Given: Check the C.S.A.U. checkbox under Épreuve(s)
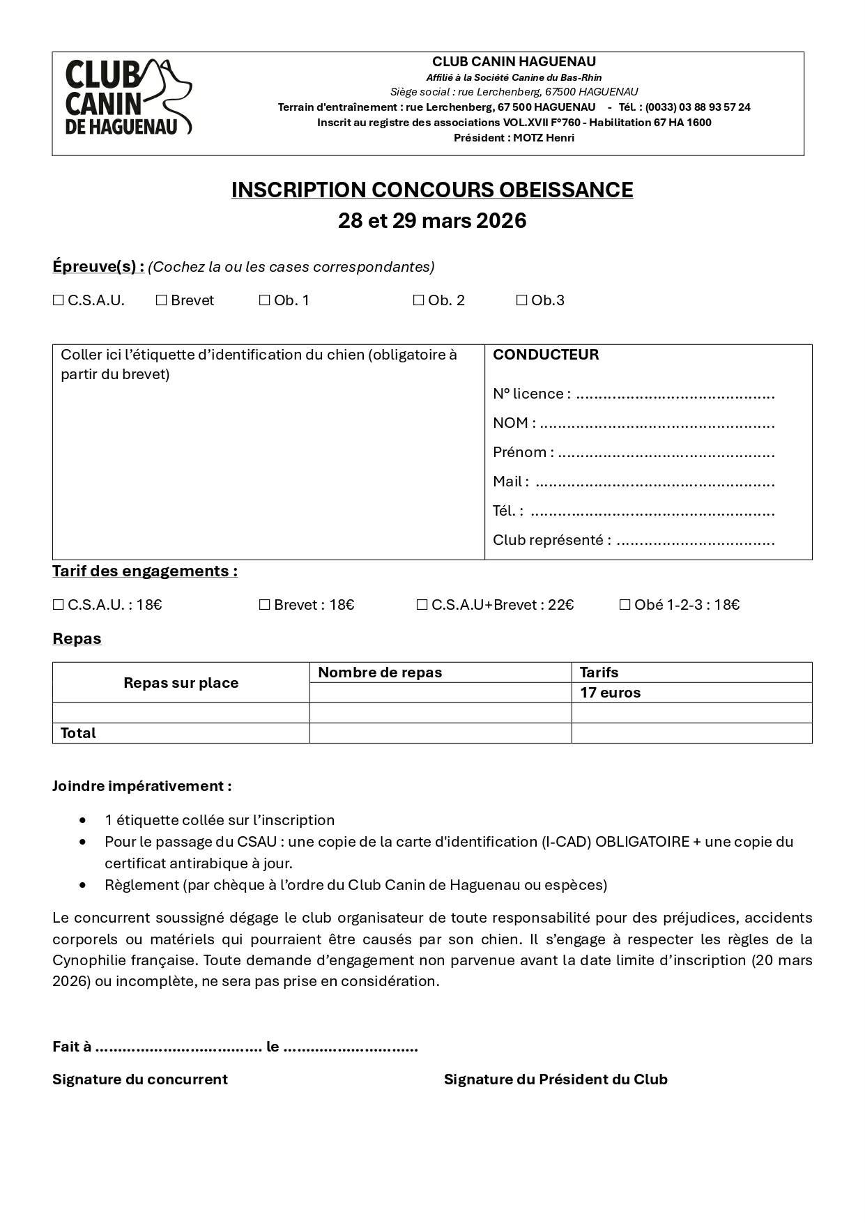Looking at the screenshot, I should click(59, 300).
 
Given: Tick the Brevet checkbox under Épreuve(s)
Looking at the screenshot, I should click(162, 300).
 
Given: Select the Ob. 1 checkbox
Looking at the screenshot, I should click(264, 300).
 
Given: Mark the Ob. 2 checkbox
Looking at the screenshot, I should click(418, 300).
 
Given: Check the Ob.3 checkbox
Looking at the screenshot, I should click(521, 300).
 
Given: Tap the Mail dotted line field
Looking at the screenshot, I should click(655, 483).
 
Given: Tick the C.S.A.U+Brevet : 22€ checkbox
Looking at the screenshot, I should click(422, 605).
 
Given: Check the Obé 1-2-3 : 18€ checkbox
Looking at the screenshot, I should click(625, 605).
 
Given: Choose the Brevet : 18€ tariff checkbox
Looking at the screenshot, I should click(264, 605).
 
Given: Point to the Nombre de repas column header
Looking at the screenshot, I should click(380, 672).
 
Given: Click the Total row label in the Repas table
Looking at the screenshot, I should click(78, 733).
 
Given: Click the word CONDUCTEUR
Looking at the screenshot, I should click(546, 355).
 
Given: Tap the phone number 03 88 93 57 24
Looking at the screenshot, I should click(714, 107).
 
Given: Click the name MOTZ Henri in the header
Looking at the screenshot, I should click(544, 138).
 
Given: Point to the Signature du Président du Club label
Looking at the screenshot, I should click(556, 1079).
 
